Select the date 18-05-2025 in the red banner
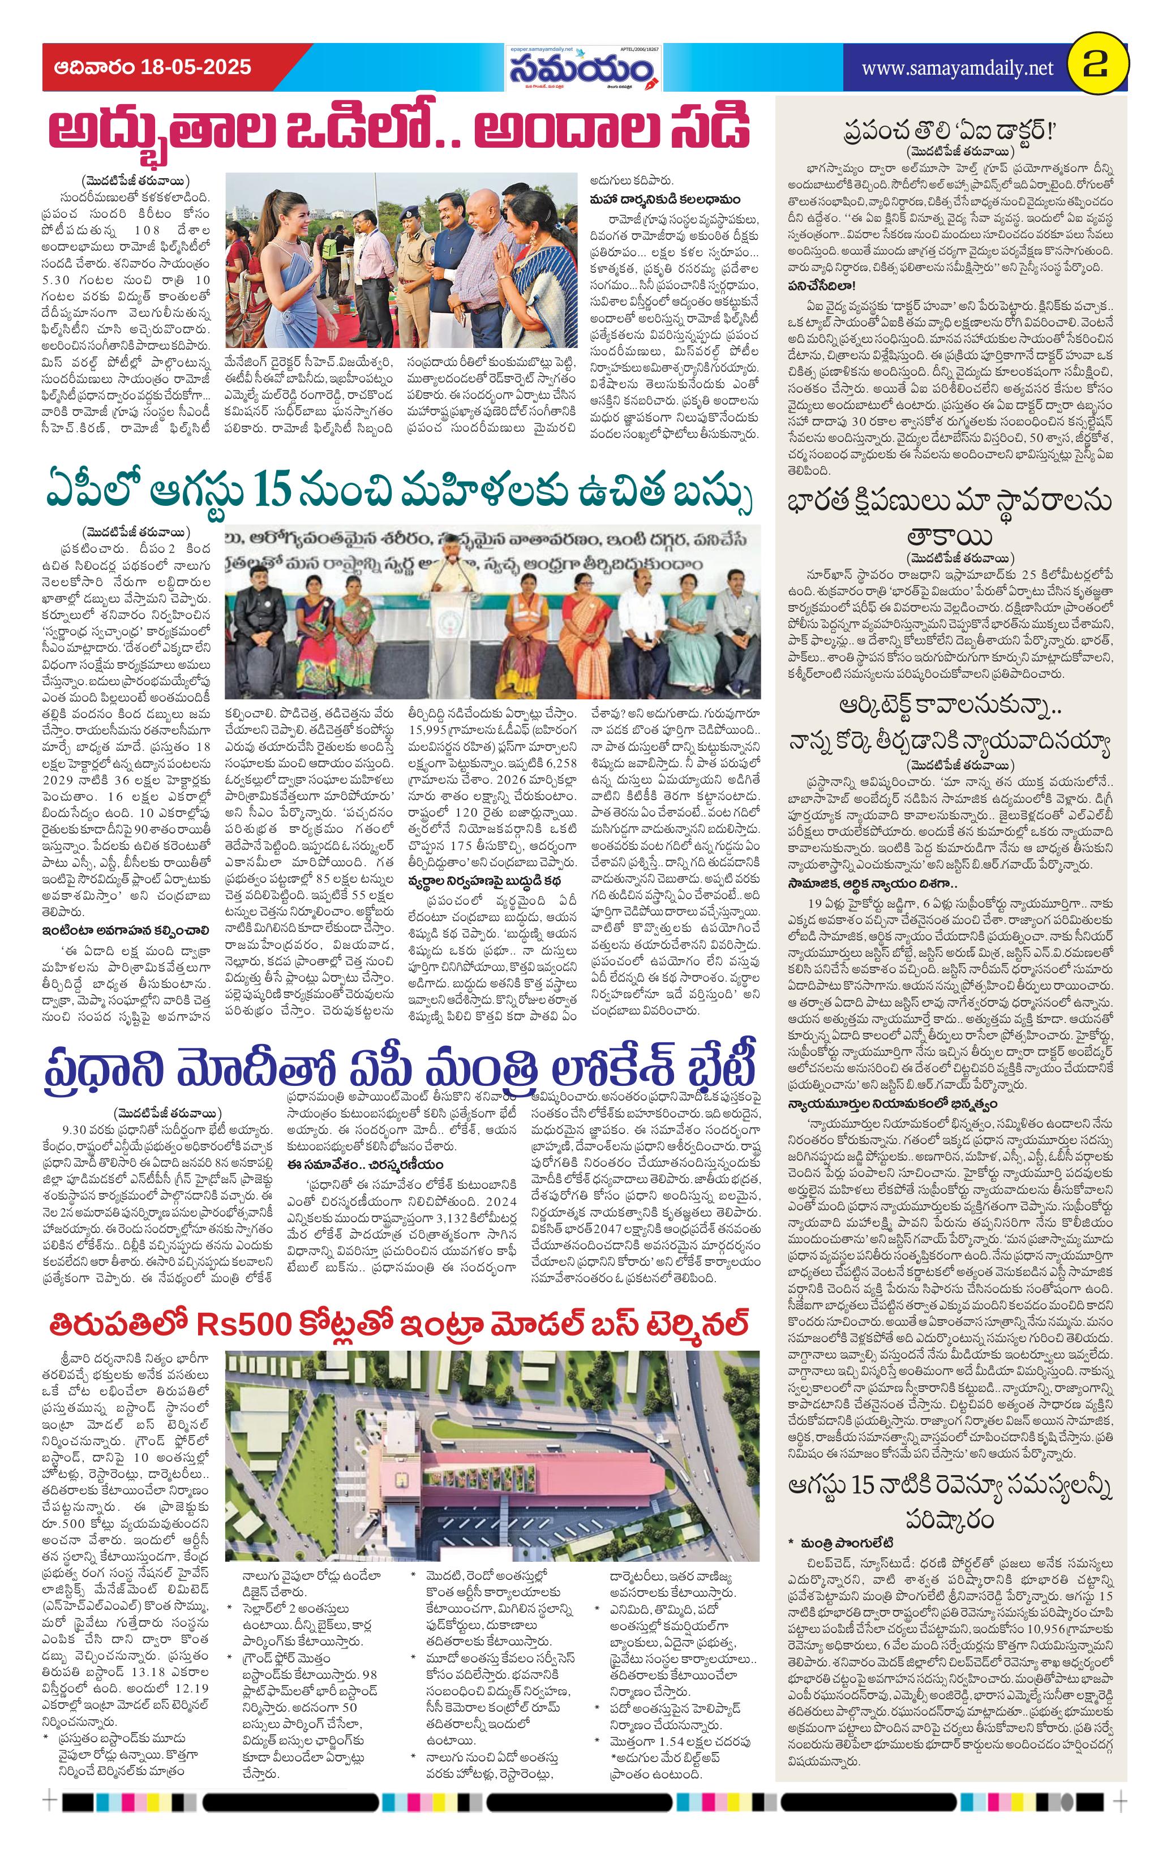[196, 67]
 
